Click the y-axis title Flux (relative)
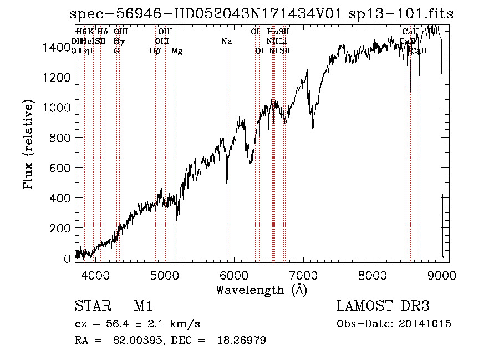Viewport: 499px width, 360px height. tap(28, 144)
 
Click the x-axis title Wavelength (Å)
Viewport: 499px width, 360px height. tap(261, 290)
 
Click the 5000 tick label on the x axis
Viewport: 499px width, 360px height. tap(164, 275)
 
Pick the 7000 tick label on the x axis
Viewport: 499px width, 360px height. tap(303, 275)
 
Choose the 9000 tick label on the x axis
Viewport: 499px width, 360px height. tap(442, 275)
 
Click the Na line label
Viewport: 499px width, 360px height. tap(226, 42)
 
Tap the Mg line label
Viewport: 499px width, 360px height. tap(177, 51)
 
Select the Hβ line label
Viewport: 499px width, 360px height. tap(155, 51)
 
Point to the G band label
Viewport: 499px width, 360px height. tap(116, 51)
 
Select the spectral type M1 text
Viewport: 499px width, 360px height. tap(143, 306)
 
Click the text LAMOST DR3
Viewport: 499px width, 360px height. tap(383, 306)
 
